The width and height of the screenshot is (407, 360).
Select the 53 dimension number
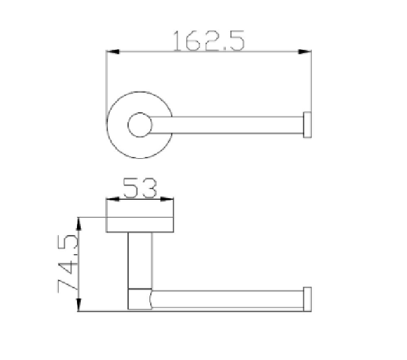point(140,189)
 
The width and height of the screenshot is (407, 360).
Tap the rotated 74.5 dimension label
point(68,263)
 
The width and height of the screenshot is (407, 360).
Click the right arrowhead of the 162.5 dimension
point(305,52)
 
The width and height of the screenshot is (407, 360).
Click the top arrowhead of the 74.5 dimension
point(79,222)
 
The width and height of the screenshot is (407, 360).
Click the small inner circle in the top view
point(139,125)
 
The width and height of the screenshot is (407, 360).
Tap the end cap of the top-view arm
point(308,125)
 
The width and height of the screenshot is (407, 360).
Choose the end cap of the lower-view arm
point(308,299)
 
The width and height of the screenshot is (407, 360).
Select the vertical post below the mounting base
point(140,258)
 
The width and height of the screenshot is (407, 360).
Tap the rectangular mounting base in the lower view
point(140,224)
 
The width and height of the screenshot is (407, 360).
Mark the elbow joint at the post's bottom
point(140,299)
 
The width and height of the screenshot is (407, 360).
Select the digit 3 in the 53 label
point(148,189)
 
